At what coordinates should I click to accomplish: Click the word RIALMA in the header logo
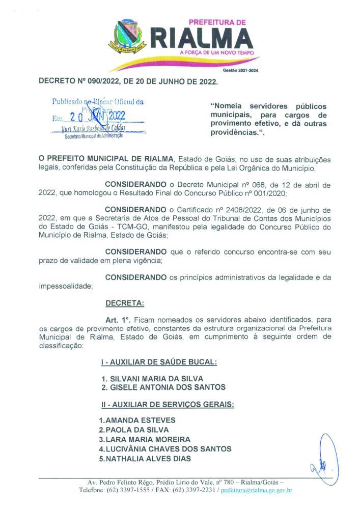(203, 38)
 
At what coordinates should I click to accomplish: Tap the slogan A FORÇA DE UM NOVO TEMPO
(216, 52)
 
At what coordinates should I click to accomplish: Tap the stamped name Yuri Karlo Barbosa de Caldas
(97, 128)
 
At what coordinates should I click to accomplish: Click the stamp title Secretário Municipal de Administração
(93, 136)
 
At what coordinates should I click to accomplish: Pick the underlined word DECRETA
(124, 303)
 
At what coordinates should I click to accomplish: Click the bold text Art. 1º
(118, 320)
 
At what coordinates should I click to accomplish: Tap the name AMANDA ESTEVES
(137, 420)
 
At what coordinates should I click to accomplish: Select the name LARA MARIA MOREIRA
(145, 439)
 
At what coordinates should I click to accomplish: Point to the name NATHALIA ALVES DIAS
(145, 459)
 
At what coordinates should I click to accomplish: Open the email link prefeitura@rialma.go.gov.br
(256, 490)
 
